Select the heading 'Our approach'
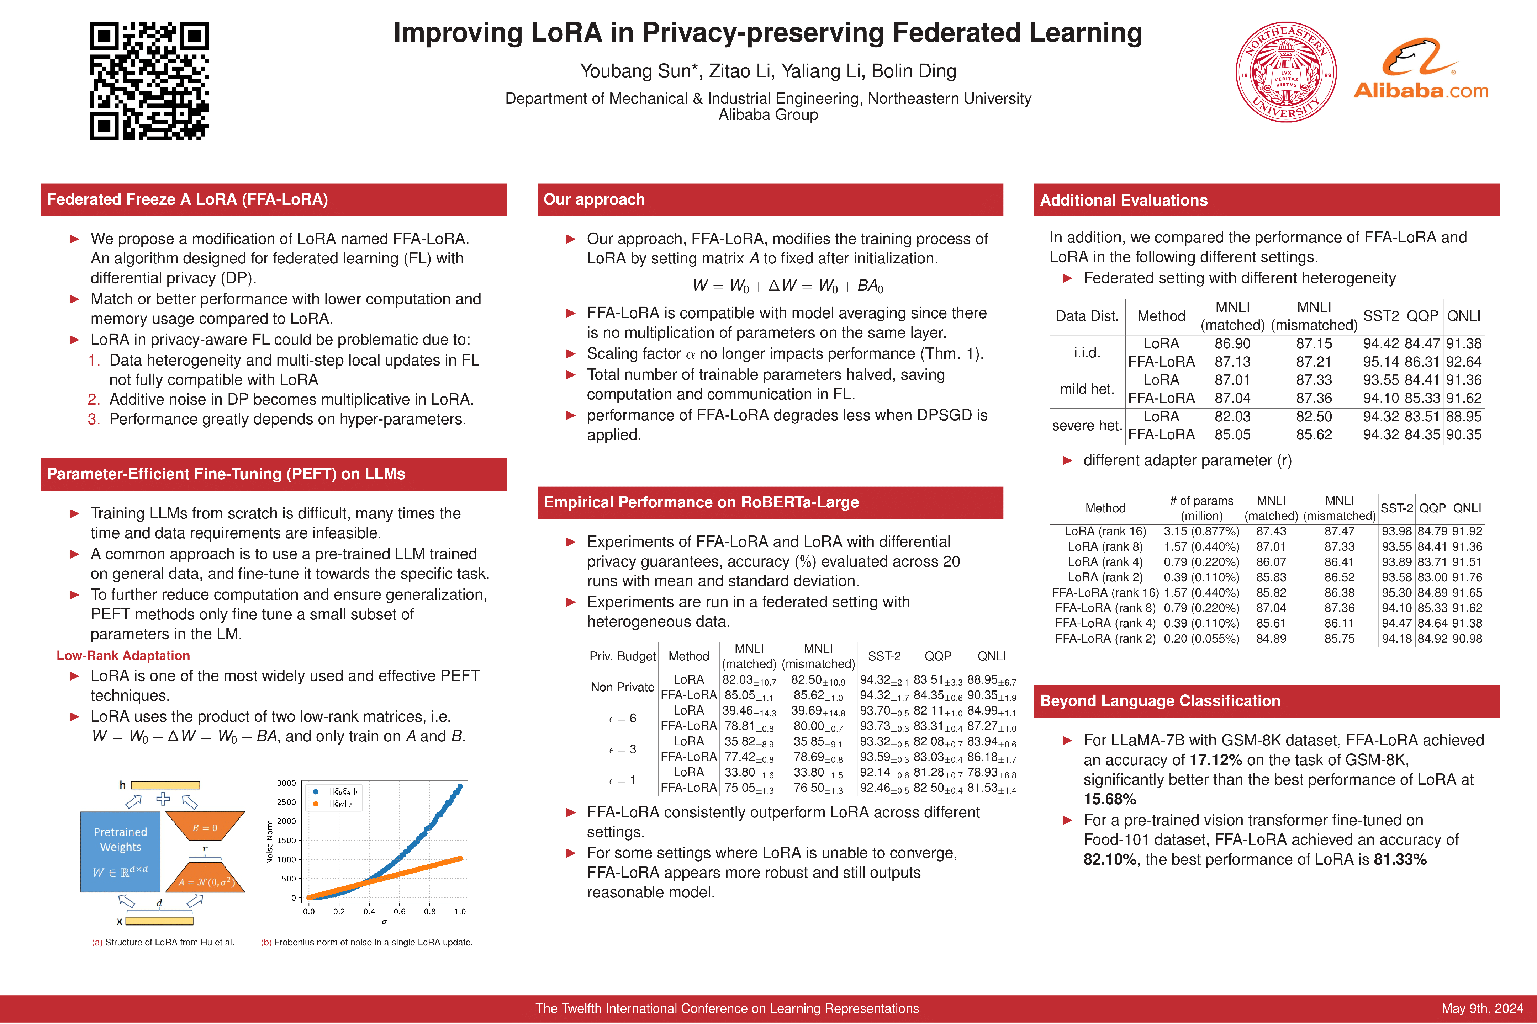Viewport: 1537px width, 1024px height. (x=594, y=200)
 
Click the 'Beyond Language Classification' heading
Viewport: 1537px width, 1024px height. (x=1160, y=701)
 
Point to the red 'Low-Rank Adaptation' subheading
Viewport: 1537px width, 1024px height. (x=123, y=656)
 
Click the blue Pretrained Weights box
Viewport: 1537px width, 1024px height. (x=120, y=852)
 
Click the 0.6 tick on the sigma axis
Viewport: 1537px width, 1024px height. (x=399, y=911)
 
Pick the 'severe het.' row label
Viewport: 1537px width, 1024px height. (x=1087, y=426)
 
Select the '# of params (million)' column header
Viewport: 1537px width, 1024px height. (x=1201, y=508)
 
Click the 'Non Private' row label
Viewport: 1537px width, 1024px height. (x=622, y=687)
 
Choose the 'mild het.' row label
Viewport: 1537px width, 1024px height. (x=1087, y=389)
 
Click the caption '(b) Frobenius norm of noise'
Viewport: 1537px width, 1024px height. (x=366, y=942)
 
